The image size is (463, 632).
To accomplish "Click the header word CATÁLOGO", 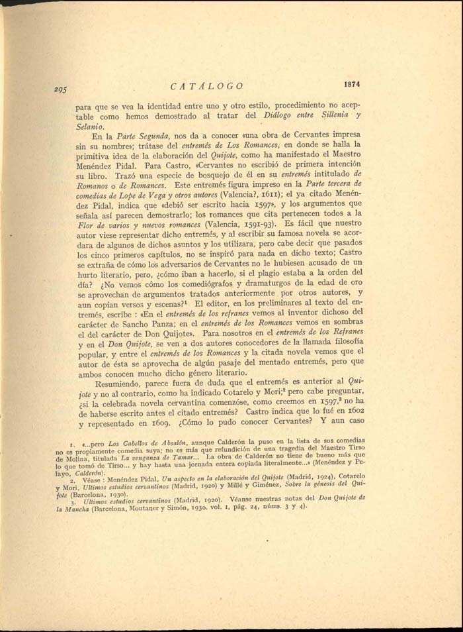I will point(206,86).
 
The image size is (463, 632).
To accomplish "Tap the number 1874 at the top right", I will point(351,84).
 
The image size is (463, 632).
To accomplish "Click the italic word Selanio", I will point(91,126).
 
